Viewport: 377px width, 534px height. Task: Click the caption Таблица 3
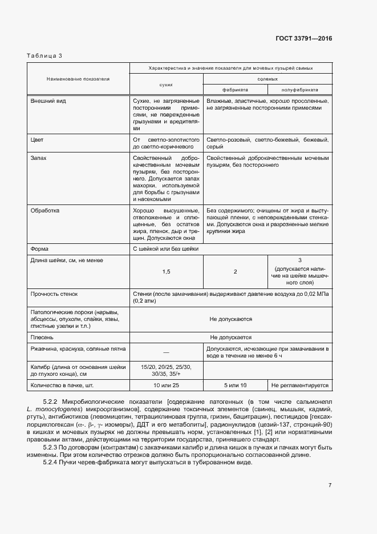click(x=44, y=55)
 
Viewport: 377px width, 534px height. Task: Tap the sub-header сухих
click(x=166, y=83)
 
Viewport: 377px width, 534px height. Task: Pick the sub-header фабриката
click(x=235, y=90)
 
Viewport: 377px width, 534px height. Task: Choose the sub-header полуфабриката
click(x=299, y=90)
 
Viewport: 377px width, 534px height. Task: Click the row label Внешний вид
click(x=48, y=101)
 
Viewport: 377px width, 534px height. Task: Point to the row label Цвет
click(x=37, y=139)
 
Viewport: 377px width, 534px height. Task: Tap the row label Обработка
click(x=44, y=211)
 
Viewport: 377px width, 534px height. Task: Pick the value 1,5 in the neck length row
click(x=166, y=272)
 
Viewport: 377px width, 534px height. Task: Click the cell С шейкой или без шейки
click(x=165, y=249)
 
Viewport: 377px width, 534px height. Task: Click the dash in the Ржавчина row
click(x=166, y=352)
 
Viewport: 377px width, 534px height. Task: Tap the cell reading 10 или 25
click(x=166, y=386)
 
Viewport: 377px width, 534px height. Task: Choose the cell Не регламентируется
click(x=300, y=386)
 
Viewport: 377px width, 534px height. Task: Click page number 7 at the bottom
click(x=330, y=485)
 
